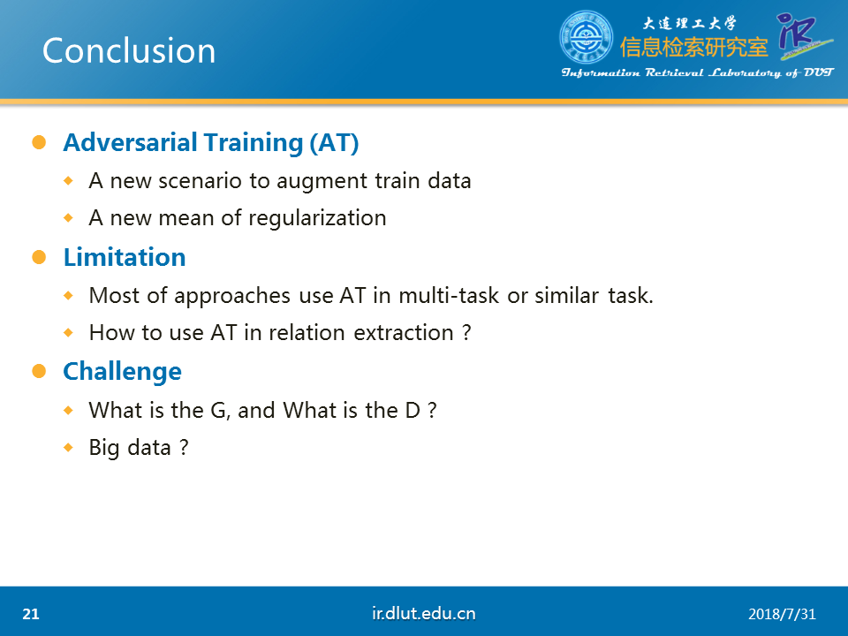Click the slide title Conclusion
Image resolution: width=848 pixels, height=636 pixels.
pos(129,51)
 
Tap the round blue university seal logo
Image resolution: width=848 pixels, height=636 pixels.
pos(586,37)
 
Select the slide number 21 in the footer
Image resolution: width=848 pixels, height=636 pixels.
pos(31,614)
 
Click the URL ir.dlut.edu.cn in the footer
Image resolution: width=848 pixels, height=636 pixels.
pos(423,613)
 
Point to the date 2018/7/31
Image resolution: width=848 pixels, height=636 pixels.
pos(782,615)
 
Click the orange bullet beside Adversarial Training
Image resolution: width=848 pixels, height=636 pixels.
pos(39,142)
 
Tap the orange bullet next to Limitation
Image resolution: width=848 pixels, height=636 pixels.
pos(39,257)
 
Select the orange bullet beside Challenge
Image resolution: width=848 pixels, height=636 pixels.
pos(39,371)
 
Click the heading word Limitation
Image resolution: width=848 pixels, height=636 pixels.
pos(125,257)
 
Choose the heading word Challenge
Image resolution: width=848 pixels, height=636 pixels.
pos(122,372)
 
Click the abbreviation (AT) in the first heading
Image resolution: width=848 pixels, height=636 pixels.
pos(334,143)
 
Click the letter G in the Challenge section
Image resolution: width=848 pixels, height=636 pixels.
pos(218,411)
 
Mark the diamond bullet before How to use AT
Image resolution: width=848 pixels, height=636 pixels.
pos(68,333)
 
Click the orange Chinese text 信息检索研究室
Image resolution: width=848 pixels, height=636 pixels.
pos(694,48)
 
